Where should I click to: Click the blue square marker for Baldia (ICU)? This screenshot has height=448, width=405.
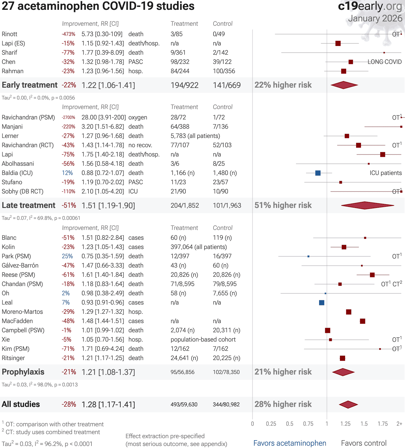[318, 173]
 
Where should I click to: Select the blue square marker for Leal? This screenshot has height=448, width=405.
[321, 303]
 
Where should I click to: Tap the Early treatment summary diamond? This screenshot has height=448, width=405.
[344, 85]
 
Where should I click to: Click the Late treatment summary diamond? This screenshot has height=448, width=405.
[367, 205]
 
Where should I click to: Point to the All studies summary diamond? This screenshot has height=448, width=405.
[348, 404]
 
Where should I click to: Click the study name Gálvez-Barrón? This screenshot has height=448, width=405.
[20, 266]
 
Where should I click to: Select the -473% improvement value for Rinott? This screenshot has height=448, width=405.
[68, 34]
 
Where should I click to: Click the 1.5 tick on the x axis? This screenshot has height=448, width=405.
[364, 424]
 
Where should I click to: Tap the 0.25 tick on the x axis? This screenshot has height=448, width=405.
[271, 424]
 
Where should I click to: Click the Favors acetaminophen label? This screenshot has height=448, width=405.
[290, 443]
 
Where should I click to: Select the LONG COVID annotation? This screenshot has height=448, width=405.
[384, 62]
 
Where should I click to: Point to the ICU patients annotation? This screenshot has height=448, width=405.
[385, 173]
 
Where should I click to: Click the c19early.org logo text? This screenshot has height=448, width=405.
[370, 6]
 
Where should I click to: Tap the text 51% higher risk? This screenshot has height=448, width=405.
[283, 205]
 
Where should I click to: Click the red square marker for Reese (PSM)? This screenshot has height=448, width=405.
[372, 275]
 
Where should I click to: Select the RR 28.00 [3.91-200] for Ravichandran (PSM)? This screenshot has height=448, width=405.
[103, 117]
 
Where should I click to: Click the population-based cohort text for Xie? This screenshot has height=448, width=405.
[203, 340]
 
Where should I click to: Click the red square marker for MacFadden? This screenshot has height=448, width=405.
[362, 321]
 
